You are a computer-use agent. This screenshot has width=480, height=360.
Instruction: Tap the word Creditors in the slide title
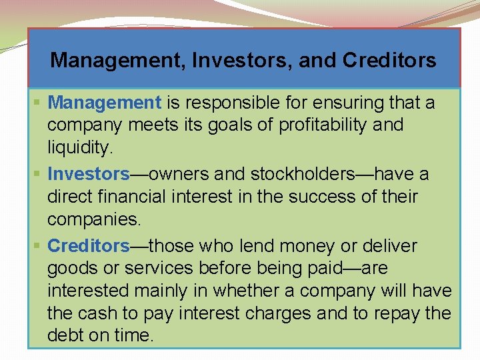pos(389,61)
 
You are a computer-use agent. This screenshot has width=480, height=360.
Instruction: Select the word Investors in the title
pos(243,61)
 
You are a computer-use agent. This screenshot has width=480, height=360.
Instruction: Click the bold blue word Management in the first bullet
pos(105,103)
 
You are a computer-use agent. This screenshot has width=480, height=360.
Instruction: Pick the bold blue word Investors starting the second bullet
pos(88,174)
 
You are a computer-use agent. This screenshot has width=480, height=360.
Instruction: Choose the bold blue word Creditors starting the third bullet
pos(89,246)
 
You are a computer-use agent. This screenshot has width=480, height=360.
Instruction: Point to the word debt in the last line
pos(65,335)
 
